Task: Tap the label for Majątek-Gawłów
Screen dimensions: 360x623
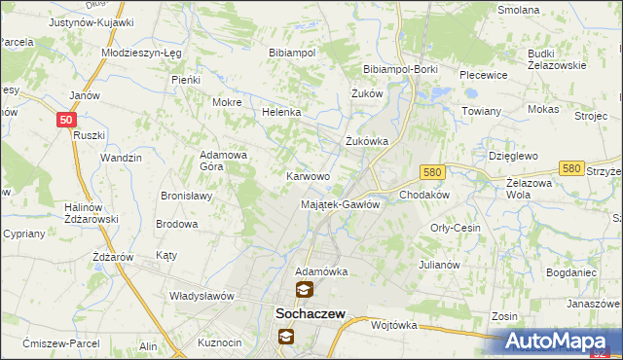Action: (x=338, y=204)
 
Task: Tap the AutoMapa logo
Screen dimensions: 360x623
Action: (x=562, y=342)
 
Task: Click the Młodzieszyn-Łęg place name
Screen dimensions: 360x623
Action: (x=142, y=53)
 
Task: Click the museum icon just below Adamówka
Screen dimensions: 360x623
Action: (x=305, y=290)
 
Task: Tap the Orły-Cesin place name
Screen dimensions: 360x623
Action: (x=456, y=228)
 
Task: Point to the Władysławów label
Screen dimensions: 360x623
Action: (x=203, y=295)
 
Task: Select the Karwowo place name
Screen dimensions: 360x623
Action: (x=308, y=176)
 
